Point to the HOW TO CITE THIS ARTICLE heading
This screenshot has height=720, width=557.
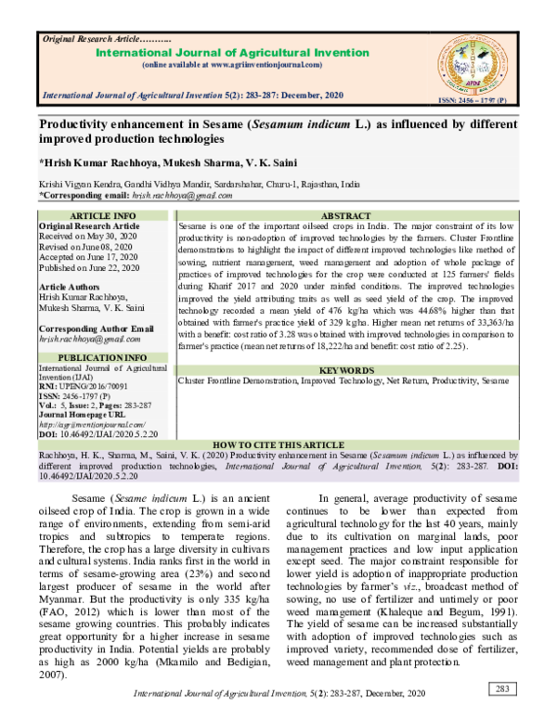278,445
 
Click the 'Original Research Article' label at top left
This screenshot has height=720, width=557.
87,40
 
